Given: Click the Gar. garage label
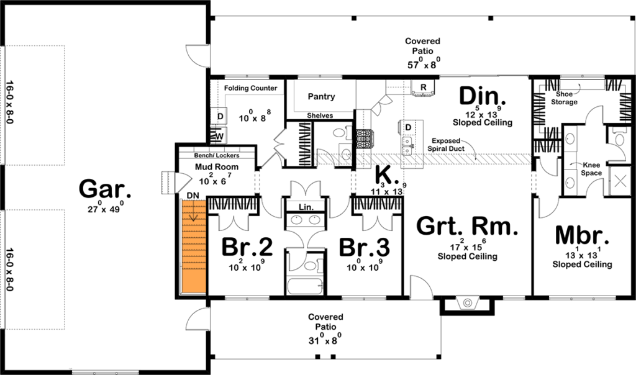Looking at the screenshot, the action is click(105, 189).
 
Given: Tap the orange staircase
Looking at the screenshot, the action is click(194, 247).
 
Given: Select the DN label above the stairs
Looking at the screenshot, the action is click(193, 196).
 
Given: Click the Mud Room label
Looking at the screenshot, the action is click(217, 166).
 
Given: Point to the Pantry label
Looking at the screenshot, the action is click(321, 96).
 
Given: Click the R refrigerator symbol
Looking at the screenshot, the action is click(424, 87).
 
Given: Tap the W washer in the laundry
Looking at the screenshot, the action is click(219, 136).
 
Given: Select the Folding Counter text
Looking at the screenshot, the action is click(251, 88).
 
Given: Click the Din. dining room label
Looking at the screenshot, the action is click(482, 96).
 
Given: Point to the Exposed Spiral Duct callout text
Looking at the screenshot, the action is click(446, 145).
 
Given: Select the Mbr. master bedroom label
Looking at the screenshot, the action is click(582, 236).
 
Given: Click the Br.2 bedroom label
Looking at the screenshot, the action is click(247, 247).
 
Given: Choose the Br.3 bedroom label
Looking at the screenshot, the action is click(364, 247).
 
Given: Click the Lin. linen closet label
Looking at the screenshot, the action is click(306, 207).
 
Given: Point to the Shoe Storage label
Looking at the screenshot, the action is click(564, 98).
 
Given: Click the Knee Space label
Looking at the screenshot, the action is click(591, 169).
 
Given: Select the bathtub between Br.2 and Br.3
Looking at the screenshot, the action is click(305, 286).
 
